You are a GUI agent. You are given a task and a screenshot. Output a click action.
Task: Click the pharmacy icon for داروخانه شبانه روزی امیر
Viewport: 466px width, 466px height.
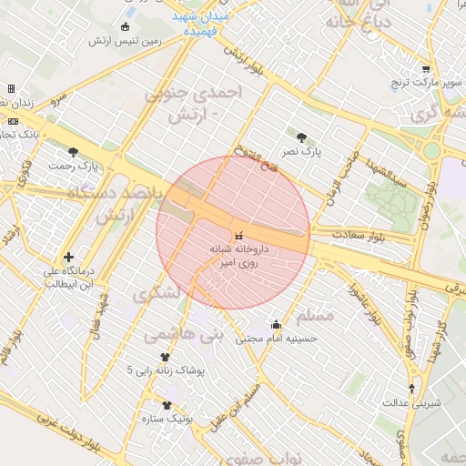tap(238, 237)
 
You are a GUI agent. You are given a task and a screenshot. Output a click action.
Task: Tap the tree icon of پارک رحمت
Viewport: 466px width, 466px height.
tap(73, 152)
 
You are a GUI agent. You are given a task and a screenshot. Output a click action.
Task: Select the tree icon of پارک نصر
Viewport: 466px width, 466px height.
tap(301, 137)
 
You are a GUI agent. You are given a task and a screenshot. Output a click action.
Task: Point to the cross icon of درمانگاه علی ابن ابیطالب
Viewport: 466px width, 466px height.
tap(67, 257)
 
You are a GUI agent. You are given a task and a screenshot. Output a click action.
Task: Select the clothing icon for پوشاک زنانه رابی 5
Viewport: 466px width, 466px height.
tap(166, 358)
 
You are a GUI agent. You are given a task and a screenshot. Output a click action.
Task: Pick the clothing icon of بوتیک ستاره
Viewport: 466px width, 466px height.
tap(167, 405)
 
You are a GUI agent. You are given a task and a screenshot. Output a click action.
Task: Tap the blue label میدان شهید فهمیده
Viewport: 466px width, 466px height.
tap(201, 24)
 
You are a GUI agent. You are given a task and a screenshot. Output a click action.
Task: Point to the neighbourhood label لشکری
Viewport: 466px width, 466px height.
tap(157, 294)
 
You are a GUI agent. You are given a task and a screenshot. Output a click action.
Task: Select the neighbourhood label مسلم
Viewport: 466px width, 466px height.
tap(316, 315)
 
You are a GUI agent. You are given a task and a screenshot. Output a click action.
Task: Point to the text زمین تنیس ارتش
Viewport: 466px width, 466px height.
tap(126, 41)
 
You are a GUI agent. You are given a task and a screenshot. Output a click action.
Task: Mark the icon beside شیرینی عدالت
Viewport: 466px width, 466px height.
tap(411, 388)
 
